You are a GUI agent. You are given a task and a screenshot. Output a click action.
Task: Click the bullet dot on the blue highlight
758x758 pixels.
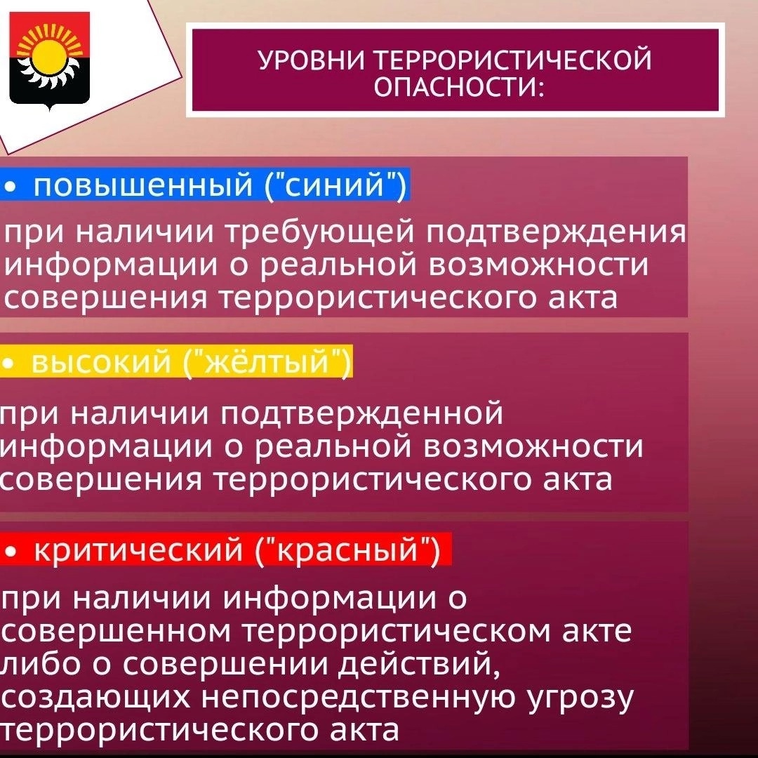pyautogui.click(x=10, y=185)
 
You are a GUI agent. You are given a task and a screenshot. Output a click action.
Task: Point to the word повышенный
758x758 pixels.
pyautogui.click(x=143, y=185)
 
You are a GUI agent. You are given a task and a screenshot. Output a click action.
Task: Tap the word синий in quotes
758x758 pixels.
pyautogui.click(x=335, y=185)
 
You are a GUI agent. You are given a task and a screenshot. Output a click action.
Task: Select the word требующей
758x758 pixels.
pyautogui.click(x=321, y=232)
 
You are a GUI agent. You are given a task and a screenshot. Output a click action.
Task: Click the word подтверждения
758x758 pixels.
pyautogui.click(x=556, y=232)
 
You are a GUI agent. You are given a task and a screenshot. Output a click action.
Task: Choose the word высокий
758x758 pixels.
pyautogui.click(x=102, y=362)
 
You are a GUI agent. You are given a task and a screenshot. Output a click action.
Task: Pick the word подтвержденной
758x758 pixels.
pyautogui.click(x=362, y=414)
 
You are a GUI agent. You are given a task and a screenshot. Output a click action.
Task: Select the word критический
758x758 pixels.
pyautogui.click(x=138, y=550)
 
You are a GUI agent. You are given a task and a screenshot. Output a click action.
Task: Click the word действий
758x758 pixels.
pyautogui.click(x=419, y=663)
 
